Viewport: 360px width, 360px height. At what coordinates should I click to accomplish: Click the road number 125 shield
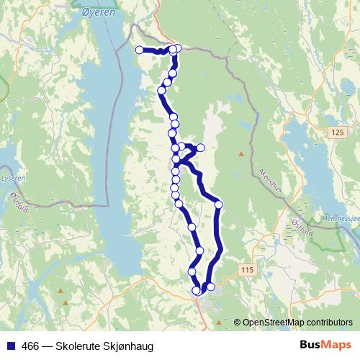point(338,132)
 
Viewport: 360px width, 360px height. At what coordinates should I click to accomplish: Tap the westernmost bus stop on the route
point(139,50)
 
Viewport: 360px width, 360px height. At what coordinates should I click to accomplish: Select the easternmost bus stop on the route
point(219,205)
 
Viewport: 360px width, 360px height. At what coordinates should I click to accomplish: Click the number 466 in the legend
point(30,346)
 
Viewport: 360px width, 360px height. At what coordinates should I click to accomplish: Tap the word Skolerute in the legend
point(80,346)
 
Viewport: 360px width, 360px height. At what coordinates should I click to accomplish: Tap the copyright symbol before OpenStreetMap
point(237,323)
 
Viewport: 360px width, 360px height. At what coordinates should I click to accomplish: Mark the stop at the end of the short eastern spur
point(201,148)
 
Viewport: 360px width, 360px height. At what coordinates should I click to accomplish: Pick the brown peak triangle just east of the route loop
point(240,153)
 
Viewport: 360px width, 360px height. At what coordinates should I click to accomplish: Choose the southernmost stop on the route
point(197,290)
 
